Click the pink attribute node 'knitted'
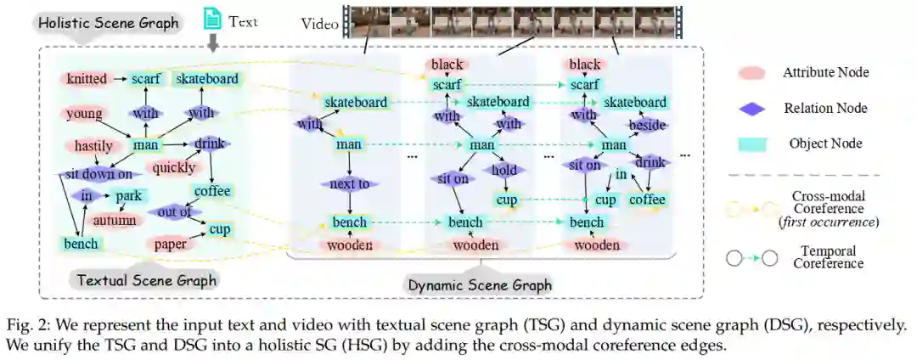[87, 79]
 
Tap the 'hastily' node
[87, 145]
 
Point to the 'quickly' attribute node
[175, 167]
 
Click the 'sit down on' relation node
[98, 175]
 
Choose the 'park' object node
[127, 195]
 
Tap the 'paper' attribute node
[171, 245]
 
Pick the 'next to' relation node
[350, 183]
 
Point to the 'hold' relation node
[504, 171]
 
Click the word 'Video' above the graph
[319, 24]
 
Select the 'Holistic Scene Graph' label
[110, 23]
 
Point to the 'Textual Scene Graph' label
[146, 280]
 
